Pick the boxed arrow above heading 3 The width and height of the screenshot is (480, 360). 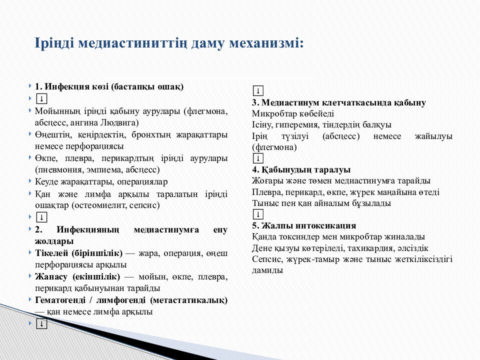click(258, 91)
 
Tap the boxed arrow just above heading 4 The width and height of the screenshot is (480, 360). click(258, 158)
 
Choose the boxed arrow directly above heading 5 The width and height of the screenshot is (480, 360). click(258, 214)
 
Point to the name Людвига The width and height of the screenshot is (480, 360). click(122, 122)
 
